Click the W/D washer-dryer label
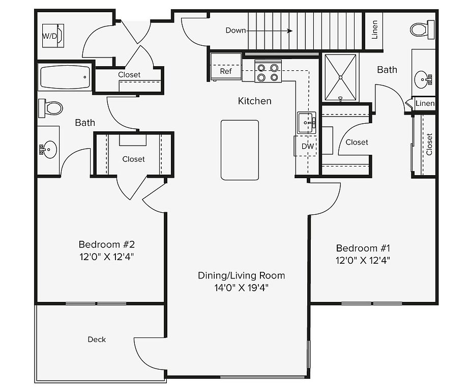tap(49, 36)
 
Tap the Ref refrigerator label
tap(226, 71)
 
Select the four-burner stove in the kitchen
tap(268, 71)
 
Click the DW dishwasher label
tap(307, 146)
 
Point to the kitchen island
tap(240, 150)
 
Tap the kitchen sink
tap(307, 123)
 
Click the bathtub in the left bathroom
tap(65, 77)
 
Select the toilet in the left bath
tap(50, 108)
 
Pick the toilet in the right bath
tap(422, 30)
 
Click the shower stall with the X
tap(340, 77)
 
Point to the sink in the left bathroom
tap(48, 149)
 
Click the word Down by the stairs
tap(236, 30)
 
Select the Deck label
tap(97, 340)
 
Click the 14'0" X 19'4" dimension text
tap(242, 288)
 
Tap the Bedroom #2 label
tap(106, 244)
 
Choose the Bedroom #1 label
tap(363, 248)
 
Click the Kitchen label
tap(254, 101)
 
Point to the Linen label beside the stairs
tap(374, 30)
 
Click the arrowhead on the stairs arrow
tap(290, 31)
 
